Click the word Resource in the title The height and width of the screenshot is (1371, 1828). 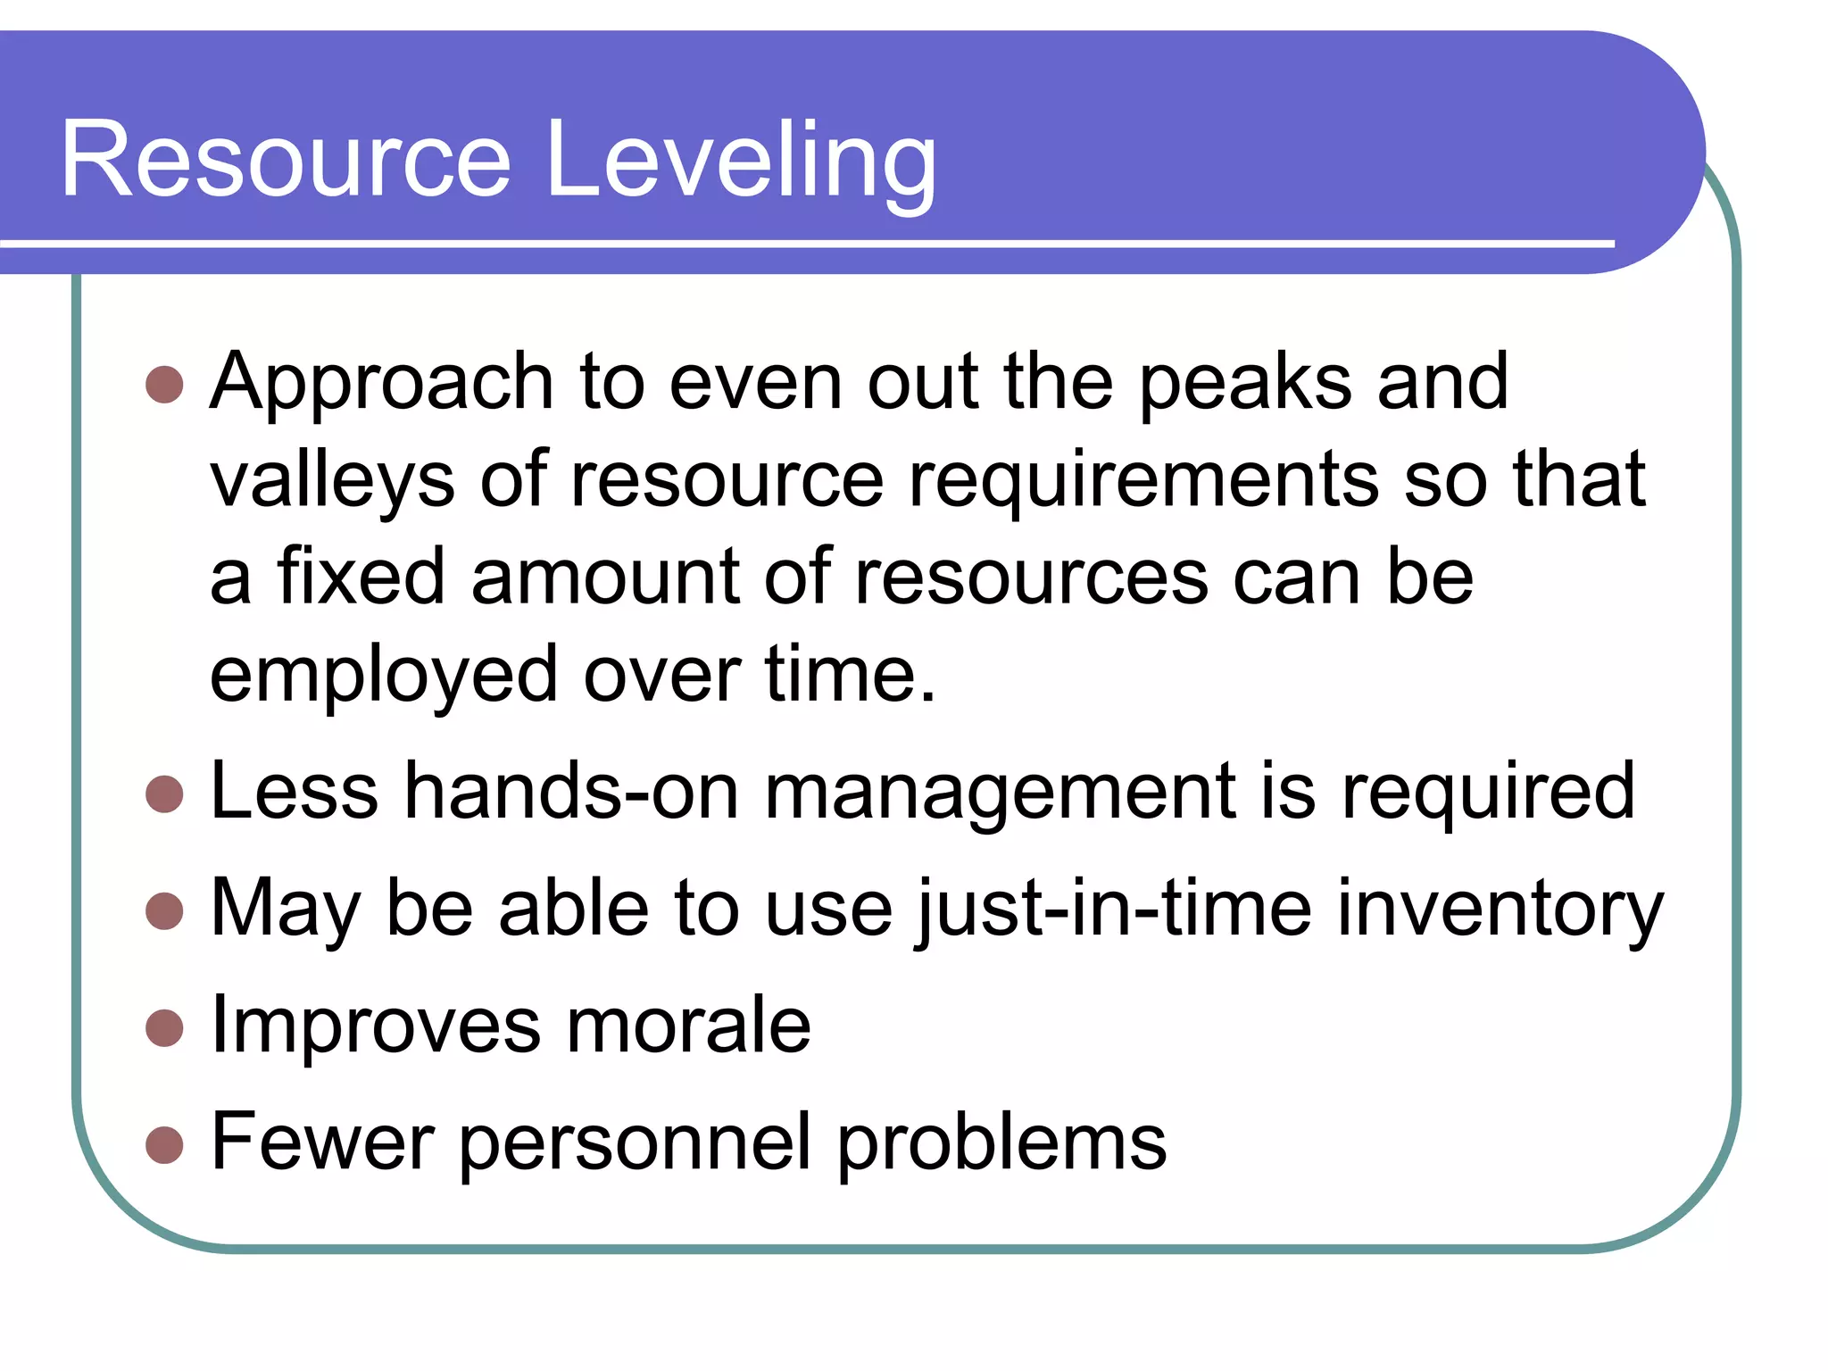pyautogui.click(x=286, y=161)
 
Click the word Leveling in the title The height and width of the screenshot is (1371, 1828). pyautogui.click(x=741, y=161)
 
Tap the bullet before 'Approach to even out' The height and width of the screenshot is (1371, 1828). pyautogui.click(x=164, y=385)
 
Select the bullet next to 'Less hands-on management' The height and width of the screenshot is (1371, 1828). pyautogui.click(x=164, y=794)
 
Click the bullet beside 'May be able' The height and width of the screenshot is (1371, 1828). pyautogui.click(x=164, y=911)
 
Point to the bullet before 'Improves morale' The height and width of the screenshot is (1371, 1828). pyautogui.click(x=164, y=1027)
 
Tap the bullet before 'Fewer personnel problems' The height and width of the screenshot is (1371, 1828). pyautogui.click(x=164, y=1144)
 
